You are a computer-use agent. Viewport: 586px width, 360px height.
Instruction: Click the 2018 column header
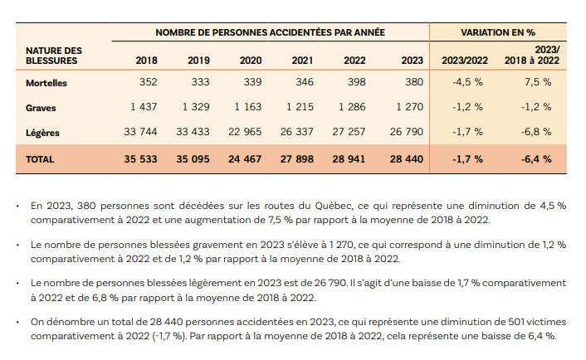pos(146,61)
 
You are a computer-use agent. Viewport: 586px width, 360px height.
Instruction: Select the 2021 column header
pos(302,61)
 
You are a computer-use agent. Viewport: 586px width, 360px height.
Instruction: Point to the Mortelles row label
pos(46,83)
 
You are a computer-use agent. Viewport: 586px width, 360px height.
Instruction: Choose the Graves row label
pos(41,107)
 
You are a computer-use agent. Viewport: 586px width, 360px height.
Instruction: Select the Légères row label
pos(42,132)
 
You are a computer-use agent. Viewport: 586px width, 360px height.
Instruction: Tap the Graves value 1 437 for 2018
pos(142,107)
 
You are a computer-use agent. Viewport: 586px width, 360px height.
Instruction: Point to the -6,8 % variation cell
pos(535,132)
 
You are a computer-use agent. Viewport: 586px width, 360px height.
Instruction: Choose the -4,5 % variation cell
pos(468,83)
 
